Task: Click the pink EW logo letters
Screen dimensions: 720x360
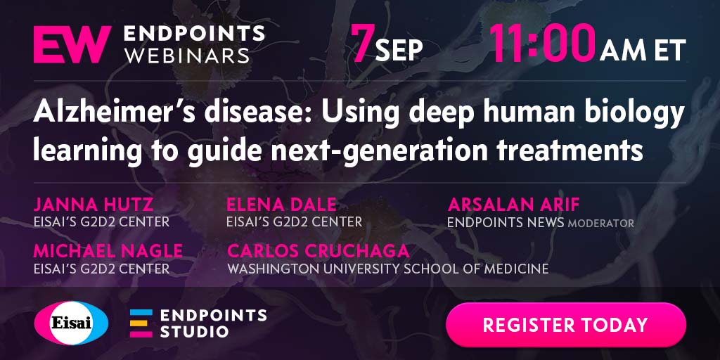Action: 72,44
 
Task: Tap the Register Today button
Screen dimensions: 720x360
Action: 566,325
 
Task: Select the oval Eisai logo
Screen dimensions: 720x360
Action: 71,323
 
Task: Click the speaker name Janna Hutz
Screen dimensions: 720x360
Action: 94,205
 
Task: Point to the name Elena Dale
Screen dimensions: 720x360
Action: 281,205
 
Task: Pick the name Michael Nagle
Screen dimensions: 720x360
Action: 108,251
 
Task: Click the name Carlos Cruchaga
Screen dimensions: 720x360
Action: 319,251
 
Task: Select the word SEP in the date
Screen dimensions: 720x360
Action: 399,51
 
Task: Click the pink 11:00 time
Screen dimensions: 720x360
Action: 542,43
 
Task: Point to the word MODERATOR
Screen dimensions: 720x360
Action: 601,224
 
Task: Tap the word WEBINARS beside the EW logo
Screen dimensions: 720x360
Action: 187,56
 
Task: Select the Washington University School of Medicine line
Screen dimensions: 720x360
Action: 388,269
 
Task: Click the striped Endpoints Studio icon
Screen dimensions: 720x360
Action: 141,323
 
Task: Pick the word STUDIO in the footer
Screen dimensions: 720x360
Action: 194,331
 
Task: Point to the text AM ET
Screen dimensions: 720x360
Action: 643,50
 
